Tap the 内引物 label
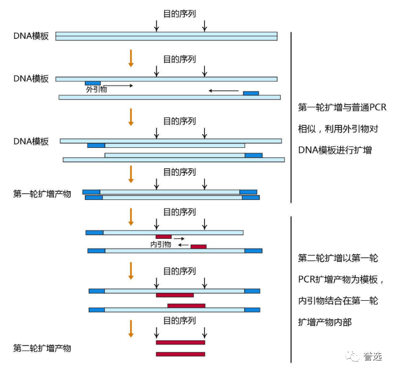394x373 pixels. [x=161, y=245]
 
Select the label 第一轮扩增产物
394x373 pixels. [x=42, y=194]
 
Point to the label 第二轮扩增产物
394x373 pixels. [x=42, y=348]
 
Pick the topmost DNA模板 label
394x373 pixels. [x=31, y=36]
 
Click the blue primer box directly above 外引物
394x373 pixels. [x=93, y=83]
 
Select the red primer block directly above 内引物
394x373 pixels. [x=163, y=237]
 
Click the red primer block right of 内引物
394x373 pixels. [x=198, y=246]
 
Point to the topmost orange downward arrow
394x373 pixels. [x=130, y=58]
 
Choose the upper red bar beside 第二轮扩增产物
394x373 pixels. [x=180, y=342]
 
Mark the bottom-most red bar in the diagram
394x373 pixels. [x=180, y=354]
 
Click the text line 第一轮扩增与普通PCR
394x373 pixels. [x=342, y=108]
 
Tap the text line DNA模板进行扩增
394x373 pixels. [x=335, y=150]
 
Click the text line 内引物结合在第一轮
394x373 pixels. [x=338, y=301]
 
